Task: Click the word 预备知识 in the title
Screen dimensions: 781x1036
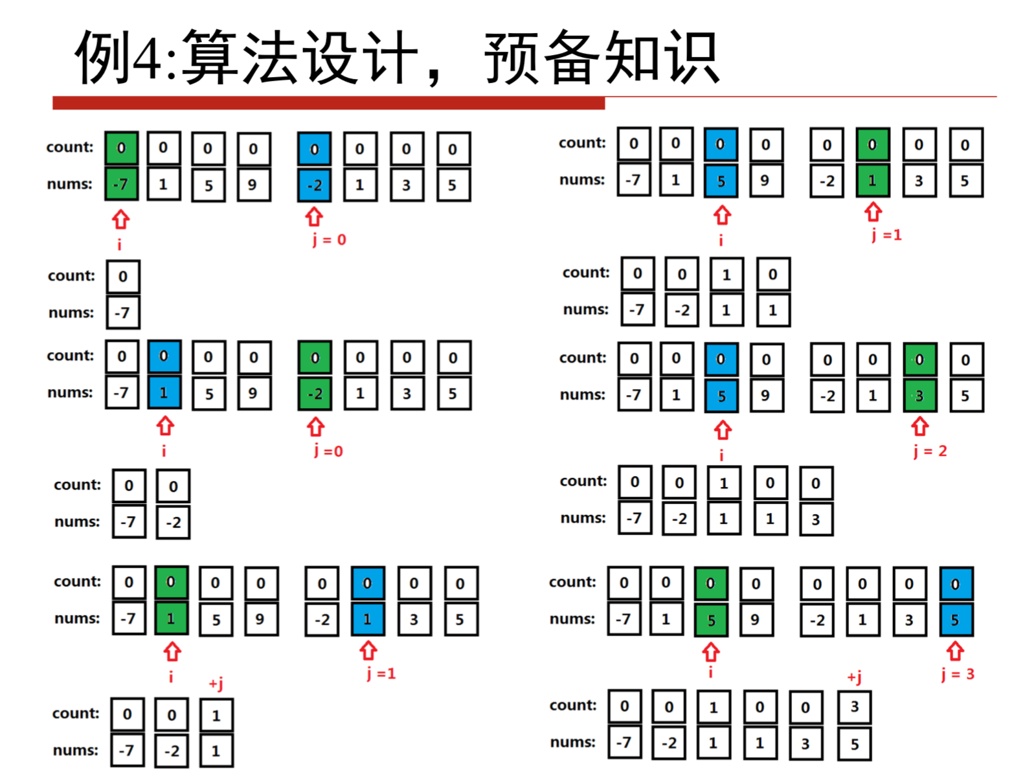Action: click(602, 58)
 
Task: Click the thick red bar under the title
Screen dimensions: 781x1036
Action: click(328, 103)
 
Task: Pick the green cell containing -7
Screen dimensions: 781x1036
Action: click(121, 185)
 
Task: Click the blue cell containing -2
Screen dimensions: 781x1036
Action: click(315, 185)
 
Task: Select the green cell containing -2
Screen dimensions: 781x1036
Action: click(315, 394)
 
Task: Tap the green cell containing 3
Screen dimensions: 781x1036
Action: click(919, 396)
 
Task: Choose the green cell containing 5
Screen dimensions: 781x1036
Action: click(711, 620)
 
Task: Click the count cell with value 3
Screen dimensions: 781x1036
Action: click(854, 707)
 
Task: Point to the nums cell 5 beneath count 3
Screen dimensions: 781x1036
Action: click(854, 744)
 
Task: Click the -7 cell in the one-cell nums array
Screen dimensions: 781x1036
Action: click(122, 313)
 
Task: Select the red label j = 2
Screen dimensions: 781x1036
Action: click(930, 451)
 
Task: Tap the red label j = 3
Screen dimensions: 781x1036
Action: click(957, 674)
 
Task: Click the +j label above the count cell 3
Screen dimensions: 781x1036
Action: click(854, 677)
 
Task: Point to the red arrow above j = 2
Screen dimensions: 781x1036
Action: click(919, 426)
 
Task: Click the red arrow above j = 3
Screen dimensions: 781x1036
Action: click(955, 650)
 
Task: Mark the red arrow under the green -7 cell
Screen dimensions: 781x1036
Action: click(121, 219)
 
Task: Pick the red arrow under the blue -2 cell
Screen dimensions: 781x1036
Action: click(315, 216)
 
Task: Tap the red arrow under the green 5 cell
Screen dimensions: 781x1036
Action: click(711, 651)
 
